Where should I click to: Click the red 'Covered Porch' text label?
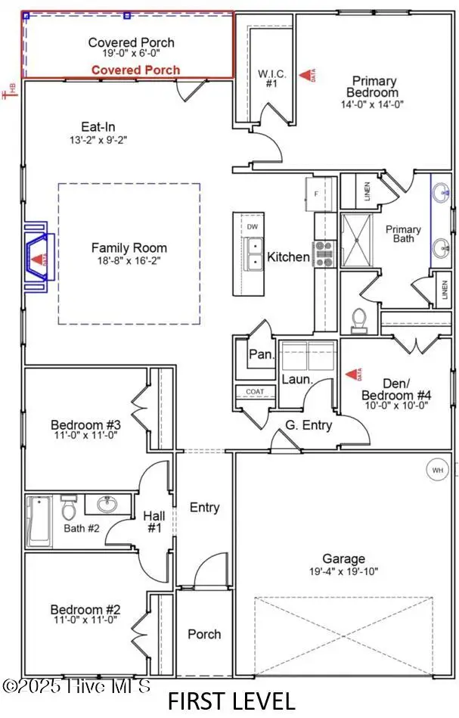(136, 70)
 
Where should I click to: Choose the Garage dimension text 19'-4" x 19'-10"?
(344, 572)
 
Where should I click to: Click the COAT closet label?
(255, 391)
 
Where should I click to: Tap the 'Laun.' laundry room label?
(297, 378)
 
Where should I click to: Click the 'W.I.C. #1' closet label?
(271, 79)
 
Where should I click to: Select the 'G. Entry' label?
(309, 425)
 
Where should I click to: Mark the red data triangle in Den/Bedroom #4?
(351, 374)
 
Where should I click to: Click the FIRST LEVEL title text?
(231, 700)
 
